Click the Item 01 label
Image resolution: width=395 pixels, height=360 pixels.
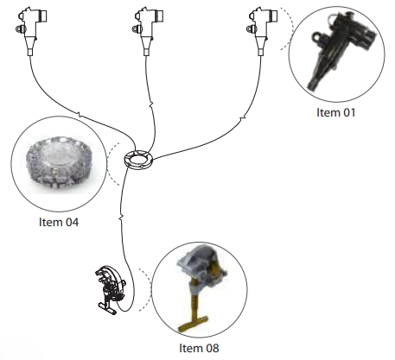coord(335,112)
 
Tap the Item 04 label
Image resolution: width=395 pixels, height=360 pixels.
coord(59,222)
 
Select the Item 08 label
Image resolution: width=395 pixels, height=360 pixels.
coord(199,348)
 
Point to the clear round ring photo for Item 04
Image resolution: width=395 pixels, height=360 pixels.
coord(59,163)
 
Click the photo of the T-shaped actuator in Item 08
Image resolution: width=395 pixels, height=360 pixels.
coord(201,287)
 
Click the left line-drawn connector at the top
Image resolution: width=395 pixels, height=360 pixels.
coord(31,31)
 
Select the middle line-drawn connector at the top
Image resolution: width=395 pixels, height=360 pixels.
coord(148,31)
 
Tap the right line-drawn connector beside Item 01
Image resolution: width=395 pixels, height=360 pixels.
coord(262,31)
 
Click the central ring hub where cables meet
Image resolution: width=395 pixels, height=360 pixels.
coord(138,160)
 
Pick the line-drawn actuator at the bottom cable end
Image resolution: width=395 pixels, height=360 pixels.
coord(111,290)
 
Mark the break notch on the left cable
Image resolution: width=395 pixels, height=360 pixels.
coord(80,116)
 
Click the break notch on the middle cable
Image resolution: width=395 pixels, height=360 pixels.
coord(150,104)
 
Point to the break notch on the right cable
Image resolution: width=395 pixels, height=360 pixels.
coord(243,117)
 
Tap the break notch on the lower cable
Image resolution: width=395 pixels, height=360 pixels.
coord(121,218)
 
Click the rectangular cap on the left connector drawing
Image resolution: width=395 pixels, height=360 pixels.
coord(42,16)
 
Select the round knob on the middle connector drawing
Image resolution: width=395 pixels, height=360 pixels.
coord(136,28)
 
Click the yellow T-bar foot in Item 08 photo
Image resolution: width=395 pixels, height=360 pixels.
coord(193,324)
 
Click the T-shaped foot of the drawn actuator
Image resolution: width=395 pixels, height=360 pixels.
coord(107,307)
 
